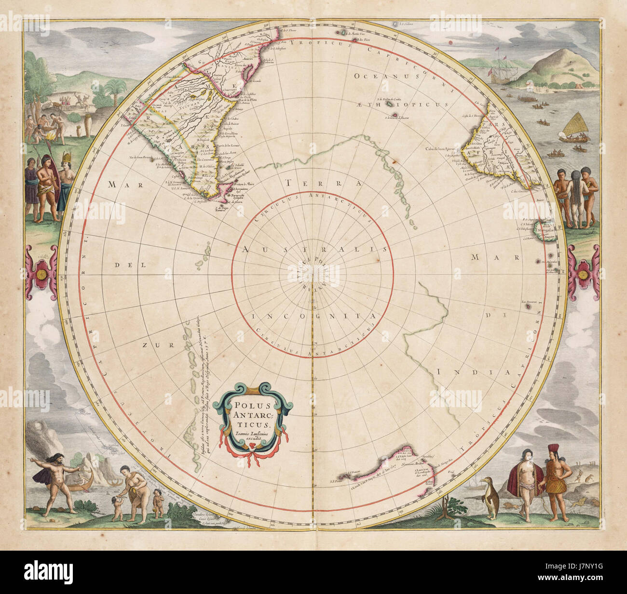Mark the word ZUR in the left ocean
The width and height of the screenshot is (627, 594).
[x=151, y=345]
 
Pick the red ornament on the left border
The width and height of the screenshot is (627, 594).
[x=41, y=273]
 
